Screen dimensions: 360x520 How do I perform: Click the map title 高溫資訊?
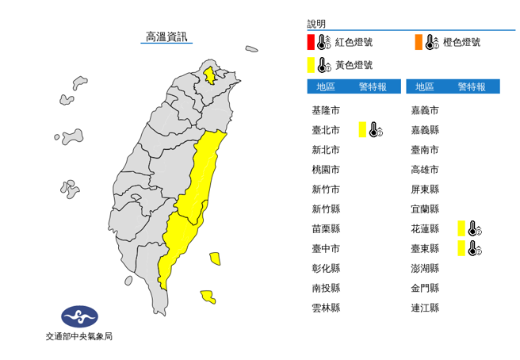(166, 36)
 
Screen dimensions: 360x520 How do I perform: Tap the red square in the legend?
(312, 42)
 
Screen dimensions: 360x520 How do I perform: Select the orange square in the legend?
(417, 42)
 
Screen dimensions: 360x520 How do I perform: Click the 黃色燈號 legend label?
(354, 65)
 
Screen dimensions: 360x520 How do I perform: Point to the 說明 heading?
(316, 25)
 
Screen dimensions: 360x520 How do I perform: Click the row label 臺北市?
(327, 130)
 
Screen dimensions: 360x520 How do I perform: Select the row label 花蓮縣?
(425, 229)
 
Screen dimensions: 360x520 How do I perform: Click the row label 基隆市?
(327, 110)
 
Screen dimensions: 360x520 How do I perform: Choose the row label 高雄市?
(425, 170)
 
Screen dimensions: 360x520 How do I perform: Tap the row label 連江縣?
(425, 308)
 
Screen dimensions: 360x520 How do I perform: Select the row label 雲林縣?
(327, 308)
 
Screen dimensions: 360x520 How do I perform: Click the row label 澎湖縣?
(425, 268)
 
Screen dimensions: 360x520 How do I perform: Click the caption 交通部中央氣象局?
(79, 337)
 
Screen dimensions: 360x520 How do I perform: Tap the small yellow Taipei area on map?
(209, 75)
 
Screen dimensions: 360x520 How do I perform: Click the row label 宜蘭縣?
(425, 209)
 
